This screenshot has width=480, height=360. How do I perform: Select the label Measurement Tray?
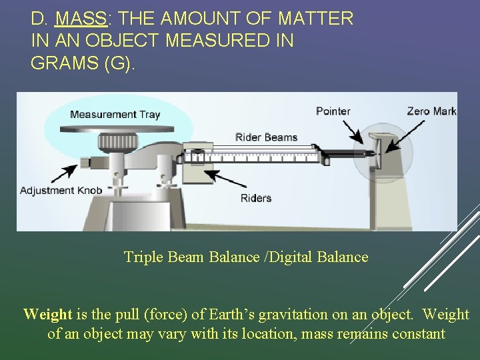click(x=115, y=114)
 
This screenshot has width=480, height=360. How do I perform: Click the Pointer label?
click(x=333, y=111)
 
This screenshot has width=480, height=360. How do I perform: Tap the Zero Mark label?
click(x=431, y=111)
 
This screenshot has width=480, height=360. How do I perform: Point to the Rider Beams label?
click(x=266, y=137)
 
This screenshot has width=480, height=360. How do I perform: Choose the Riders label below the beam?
click(x=255, y=198)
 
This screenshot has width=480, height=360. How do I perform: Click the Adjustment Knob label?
click(x=61, y=191)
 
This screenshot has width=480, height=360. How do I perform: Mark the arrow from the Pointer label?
click(x=355, y=131)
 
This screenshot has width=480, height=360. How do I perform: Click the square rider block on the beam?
click(x=197, y=157)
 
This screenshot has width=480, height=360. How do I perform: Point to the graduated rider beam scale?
click(x=267, y=154)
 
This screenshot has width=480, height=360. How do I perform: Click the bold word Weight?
click(x=47, y=314)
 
